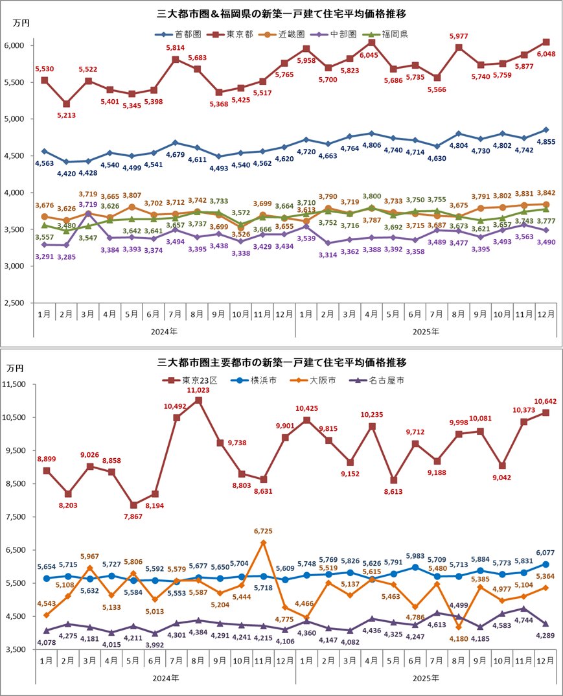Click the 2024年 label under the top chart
[165, 331]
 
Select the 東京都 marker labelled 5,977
[459, 47]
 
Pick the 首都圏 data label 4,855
[545, 143]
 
